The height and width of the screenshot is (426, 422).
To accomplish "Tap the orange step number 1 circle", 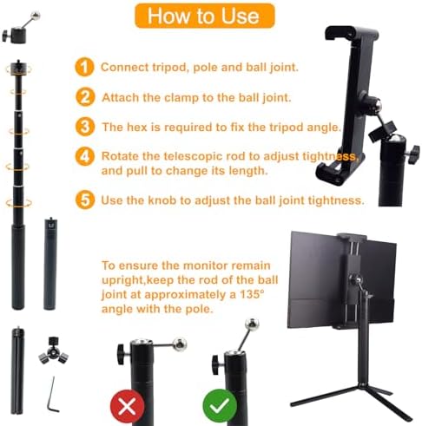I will [x=83, y=67].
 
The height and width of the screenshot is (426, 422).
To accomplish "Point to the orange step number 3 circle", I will [x=84, y=127].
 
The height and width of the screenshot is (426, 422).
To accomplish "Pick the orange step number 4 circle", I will [x=84, y=157].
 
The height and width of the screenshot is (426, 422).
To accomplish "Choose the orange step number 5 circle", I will [x=84, y=200].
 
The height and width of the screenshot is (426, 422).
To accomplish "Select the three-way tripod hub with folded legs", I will [x=53, y=348].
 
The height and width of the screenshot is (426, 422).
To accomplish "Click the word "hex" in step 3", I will [x=142, y=127].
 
